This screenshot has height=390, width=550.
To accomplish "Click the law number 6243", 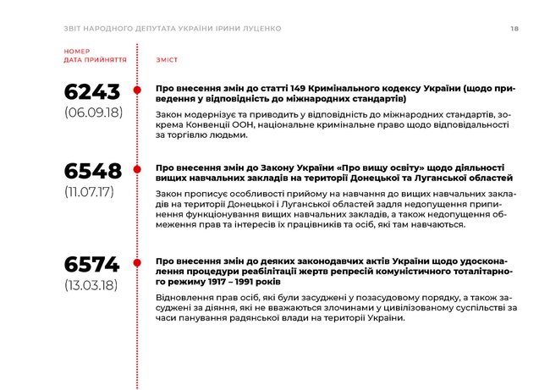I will [x=92, y=91].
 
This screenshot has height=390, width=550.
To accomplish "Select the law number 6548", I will [x=92, y=171].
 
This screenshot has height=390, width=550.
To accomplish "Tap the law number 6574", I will [x=92, y=263].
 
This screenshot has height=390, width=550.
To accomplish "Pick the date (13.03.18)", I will [x=92, y=283].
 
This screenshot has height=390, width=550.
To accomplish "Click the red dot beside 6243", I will [x=137, y=91].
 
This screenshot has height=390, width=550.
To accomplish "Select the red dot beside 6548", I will [x=137, y=170].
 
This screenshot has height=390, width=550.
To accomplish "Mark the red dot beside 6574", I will [x=137, y=262].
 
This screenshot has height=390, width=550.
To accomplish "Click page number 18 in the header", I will [x=514, y=29].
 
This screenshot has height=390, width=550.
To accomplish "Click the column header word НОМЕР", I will [x=76, y=52].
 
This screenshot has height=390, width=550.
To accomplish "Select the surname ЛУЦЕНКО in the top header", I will [x=257, y=29].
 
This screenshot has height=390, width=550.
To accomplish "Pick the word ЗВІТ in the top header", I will [x=74, y=29].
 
